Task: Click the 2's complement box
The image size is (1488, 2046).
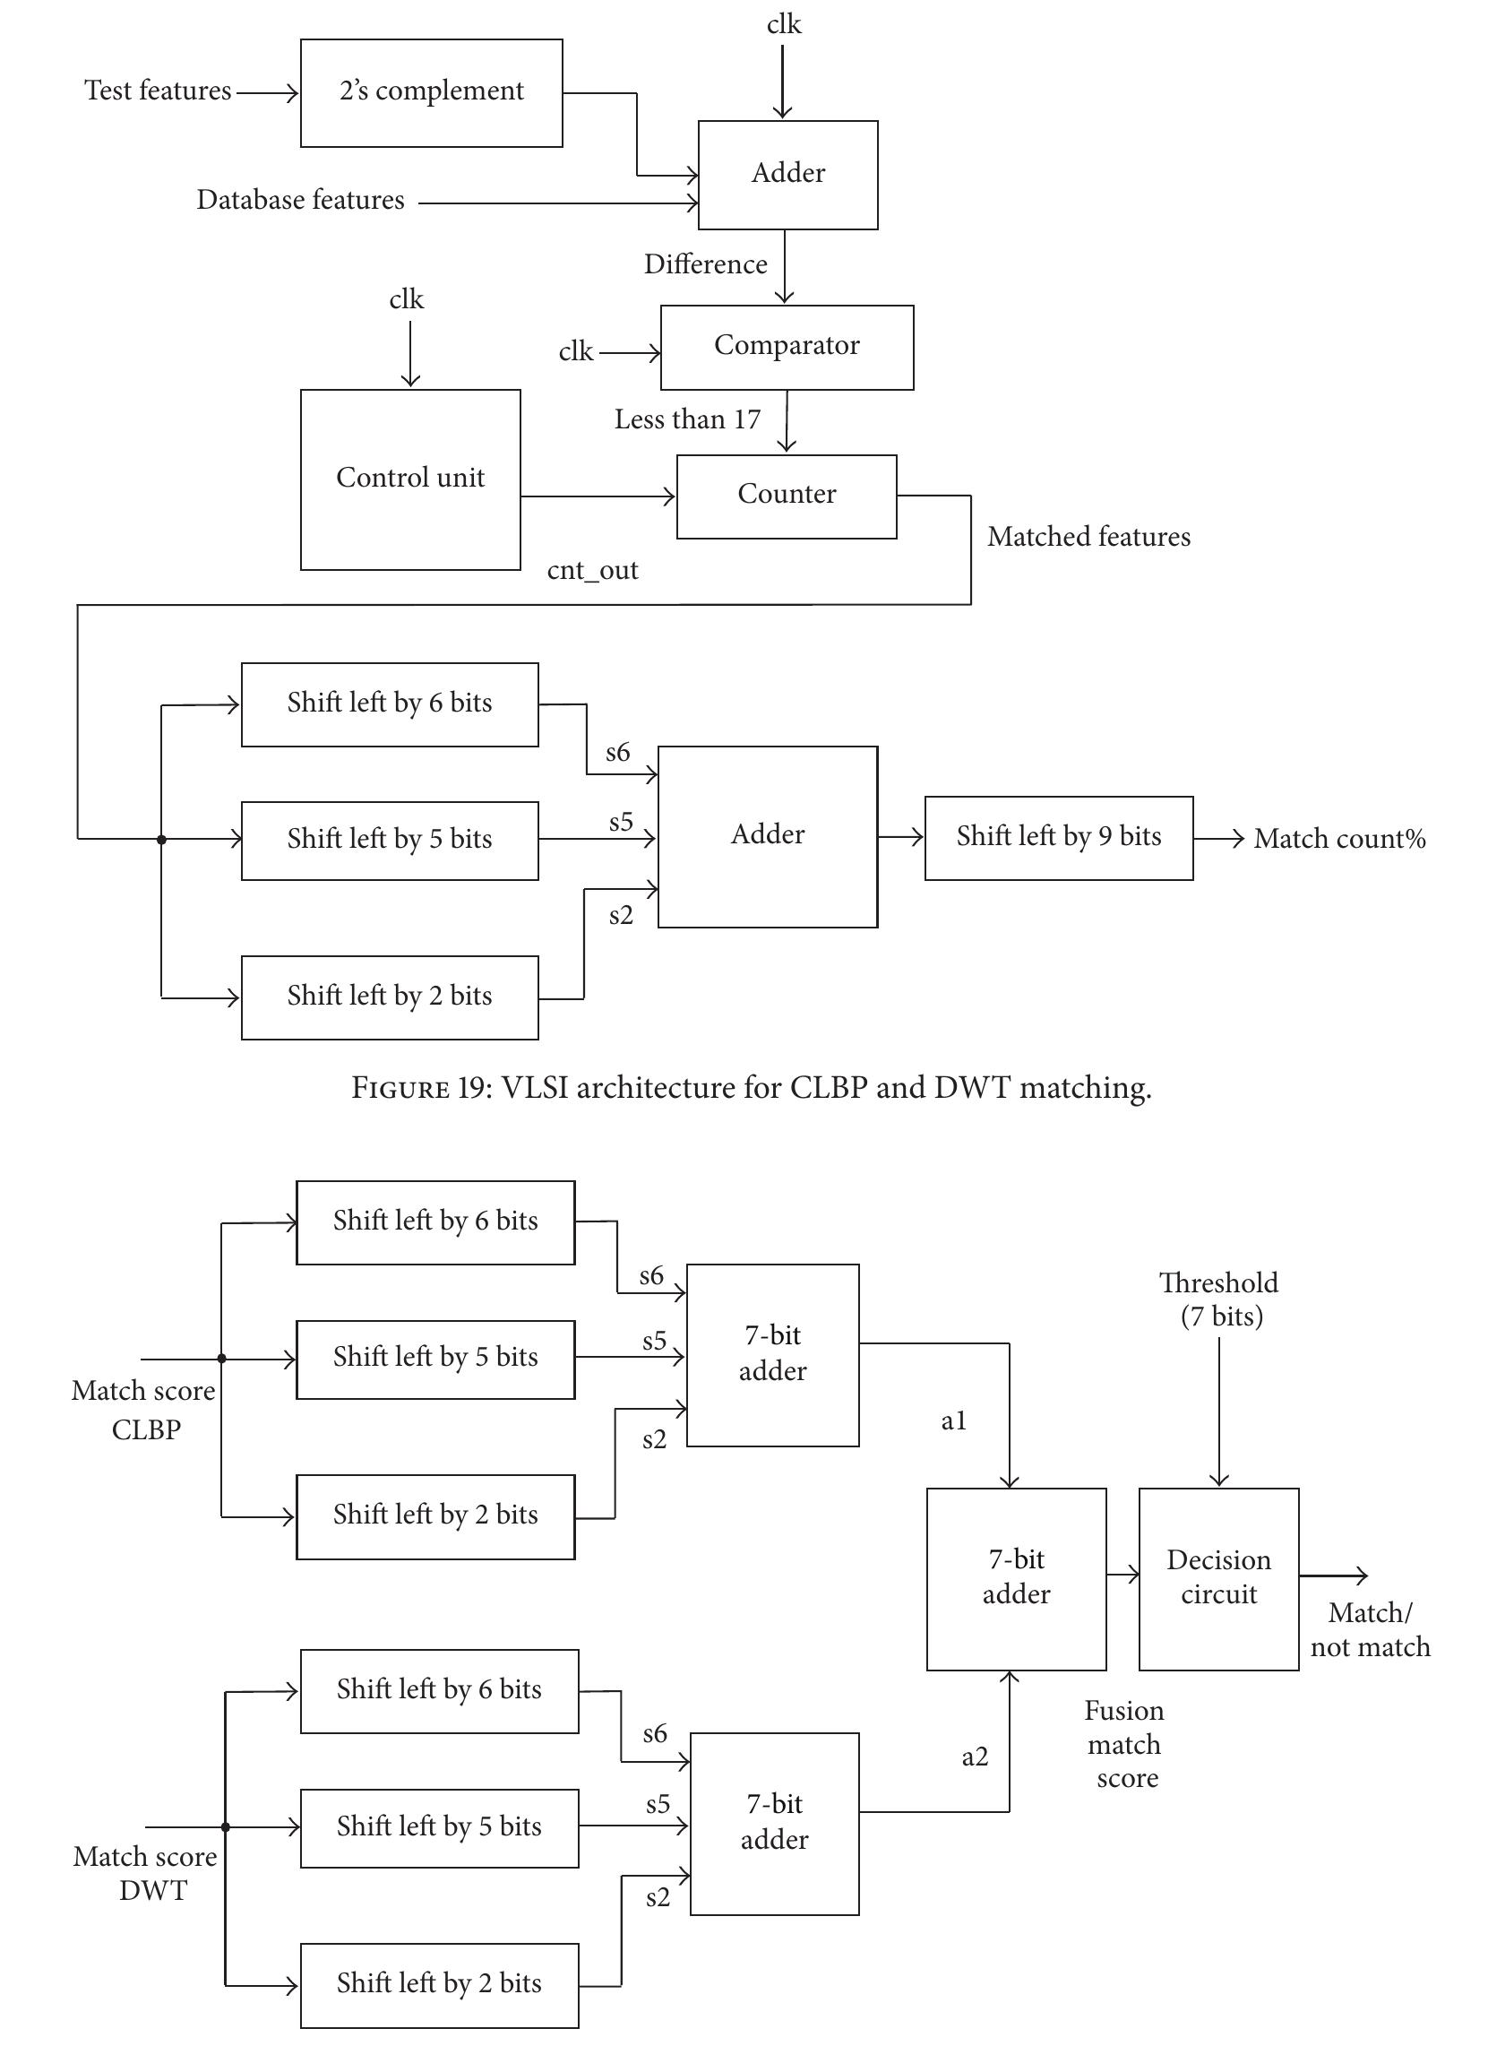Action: coord(431,93)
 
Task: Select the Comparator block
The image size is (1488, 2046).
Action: coord(787,348)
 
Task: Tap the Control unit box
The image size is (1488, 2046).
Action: coord(410,479)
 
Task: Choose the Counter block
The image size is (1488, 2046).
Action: coord(787,496)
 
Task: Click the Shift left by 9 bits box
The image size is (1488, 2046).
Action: coord(1059,837)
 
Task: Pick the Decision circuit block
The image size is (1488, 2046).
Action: coord(1218,1579)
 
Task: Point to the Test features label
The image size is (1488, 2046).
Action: coord(158,91)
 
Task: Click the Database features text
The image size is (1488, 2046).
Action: coord(300,200)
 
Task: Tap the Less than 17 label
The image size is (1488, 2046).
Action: coord(687,419)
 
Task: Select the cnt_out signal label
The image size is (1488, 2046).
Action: coord(592,571)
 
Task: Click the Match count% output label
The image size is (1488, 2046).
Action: coord(1339,839)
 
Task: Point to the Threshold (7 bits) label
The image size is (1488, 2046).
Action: coord(1219,1299)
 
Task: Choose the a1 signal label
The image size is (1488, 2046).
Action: coord(953,1421)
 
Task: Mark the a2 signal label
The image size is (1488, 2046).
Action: coord(975,1757)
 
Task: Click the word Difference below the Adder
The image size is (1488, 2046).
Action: coord(705,264)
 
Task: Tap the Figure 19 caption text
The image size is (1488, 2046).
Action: coord(751,1088)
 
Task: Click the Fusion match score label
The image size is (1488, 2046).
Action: coord(1123,1744)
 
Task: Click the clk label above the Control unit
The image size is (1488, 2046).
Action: coord(406,299)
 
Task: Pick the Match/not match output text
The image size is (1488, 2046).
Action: coord(1370,1629)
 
